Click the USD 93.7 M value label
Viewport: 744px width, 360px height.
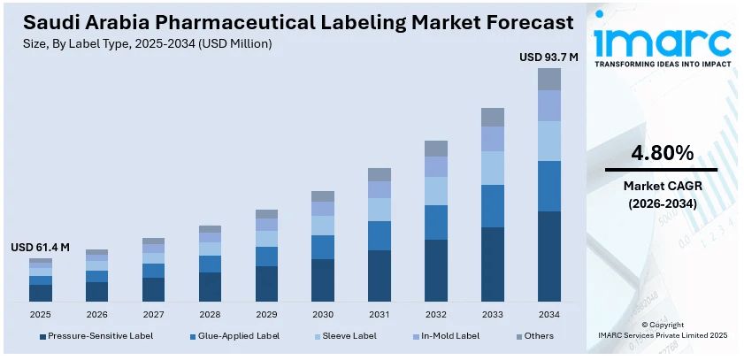548,57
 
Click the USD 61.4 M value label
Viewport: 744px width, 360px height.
40,247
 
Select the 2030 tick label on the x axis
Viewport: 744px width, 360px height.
323,314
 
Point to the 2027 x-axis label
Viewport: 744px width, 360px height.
153,314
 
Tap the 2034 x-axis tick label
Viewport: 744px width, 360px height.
549,314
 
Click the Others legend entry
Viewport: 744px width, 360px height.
538,336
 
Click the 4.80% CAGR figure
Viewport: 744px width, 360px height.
661,153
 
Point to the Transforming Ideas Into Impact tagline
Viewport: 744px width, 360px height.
662,65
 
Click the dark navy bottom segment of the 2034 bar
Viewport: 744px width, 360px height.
549,257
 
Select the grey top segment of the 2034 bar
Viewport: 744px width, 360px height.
549,79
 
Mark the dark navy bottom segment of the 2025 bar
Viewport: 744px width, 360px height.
40,293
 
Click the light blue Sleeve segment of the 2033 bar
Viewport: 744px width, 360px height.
493,167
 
